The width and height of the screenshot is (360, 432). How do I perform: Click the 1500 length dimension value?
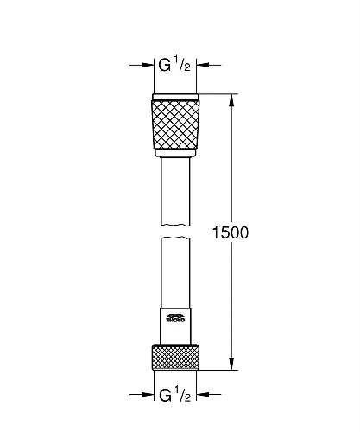point(230,232)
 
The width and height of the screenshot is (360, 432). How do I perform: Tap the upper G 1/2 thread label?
point(176,65)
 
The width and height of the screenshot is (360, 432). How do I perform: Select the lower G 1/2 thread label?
point(176,397)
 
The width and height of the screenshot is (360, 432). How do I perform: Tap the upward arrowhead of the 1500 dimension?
point(231,98)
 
